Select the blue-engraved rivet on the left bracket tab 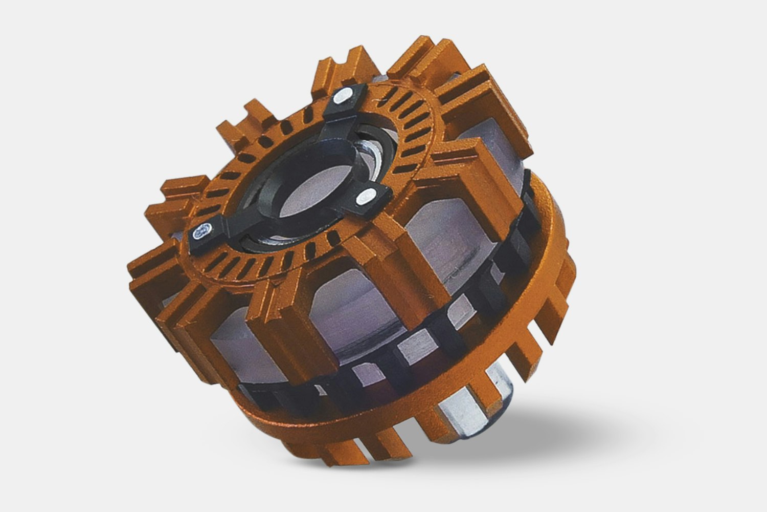(x=200, y=233)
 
